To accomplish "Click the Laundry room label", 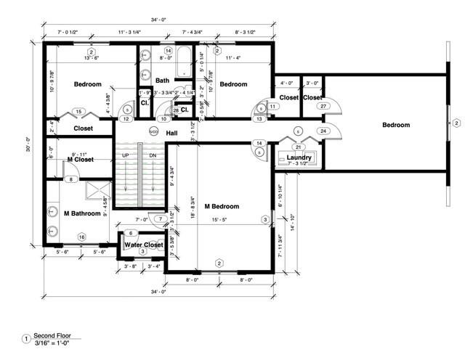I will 299,157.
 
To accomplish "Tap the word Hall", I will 172,134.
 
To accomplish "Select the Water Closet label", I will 142,245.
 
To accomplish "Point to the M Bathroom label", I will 81,213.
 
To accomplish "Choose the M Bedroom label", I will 222,206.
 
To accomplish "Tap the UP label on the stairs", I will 126,155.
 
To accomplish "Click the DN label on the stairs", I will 153,155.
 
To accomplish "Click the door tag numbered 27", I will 323,106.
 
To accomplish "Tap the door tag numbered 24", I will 323,131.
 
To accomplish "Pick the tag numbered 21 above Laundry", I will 298,147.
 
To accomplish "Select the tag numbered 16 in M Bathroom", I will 82,237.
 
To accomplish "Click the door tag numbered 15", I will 78,112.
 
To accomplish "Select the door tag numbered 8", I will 71,179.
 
